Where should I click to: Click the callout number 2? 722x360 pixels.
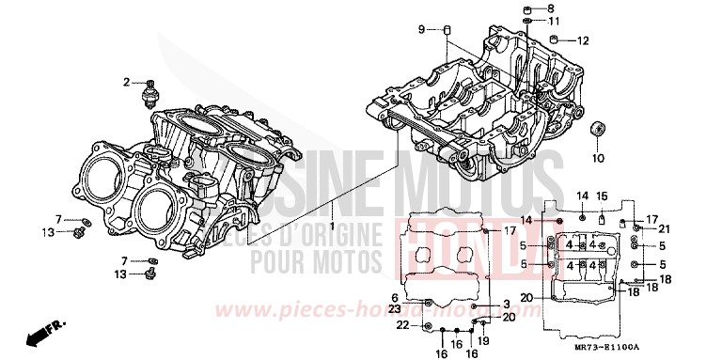click(125, 83)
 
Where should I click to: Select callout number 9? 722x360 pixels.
click(422, 30)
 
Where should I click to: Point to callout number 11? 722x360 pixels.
click(554, 21)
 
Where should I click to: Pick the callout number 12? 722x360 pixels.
click(583, 40)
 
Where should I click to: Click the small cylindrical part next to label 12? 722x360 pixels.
click(558, 40)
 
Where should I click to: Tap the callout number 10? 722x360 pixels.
click(598, 155)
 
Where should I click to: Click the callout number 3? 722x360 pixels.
click(506, 304)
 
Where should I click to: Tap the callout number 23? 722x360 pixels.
click(395, 309)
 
